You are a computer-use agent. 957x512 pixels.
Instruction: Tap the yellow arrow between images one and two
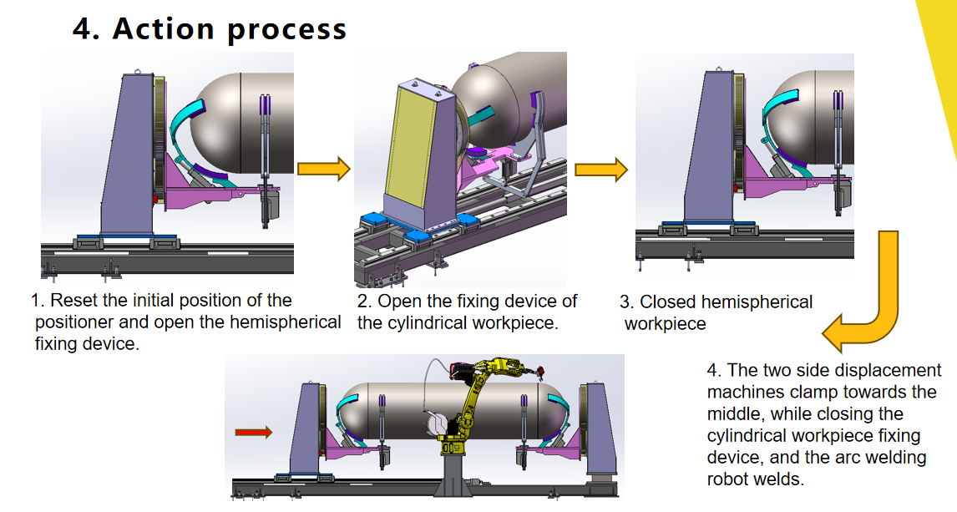(323, 169)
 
